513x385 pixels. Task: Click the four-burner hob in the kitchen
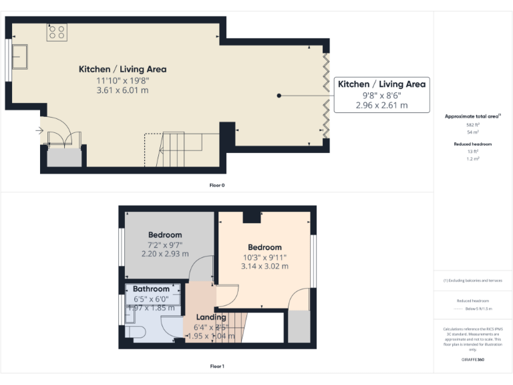coord(57,33)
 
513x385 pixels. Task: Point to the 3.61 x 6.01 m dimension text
coord(122,90)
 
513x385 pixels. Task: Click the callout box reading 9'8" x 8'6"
coord(381,94)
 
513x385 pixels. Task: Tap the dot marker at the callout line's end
coord(279,96)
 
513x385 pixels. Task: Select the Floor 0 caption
coord(217,184)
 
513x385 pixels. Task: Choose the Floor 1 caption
coord(217,366)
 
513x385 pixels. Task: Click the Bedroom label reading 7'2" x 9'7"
coord(165,244)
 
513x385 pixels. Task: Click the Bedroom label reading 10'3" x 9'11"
coord(265,257)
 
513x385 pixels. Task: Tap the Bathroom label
coord(151,289)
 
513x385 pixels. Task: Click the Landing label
coord(211,317)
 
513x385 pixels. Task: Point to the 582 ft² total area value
coord(473,125)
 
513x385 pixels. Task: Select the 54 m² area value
coord(473,133)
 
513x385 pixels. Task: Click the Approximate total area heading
coord(473,116)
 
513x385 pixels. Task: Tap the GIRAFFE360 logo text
coord(473,360)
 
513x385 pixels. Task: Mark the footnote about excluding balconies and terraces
coord(473,280)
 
